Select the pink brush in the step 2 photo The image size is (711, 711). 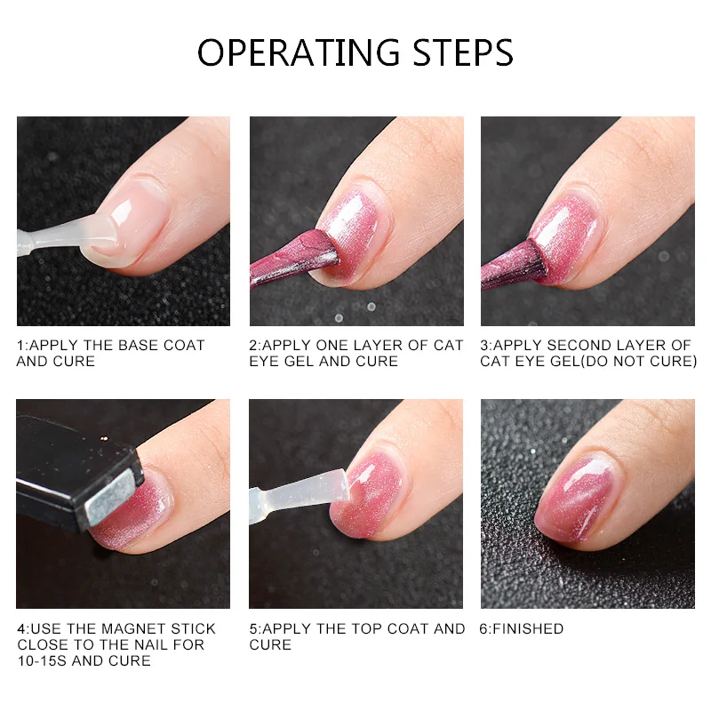[x=294, y=259]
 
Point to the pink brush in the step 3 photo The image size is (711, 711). [x=514, y=265]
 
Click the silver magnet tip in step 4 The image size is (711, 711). [x=112, y=498]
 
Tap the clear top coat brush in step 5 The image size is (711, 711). [x=300, y=493]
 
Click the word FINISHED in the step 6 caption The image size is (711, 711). [x=528, y=629]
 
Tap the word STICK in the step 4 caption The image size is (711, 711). [x=193, y=629]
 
